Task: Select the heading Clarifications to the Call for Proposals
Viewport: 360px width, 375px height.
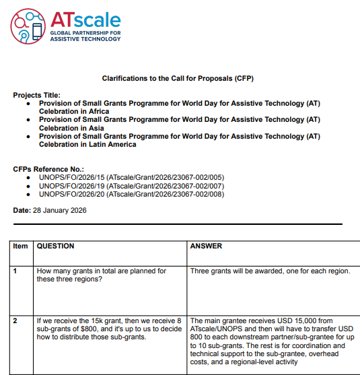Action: pos(178,79)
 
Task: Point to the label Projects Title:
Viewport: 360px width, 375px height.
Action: pos(36,95)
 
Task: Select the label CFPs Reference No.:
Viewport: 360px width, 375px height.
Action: pos(48,168)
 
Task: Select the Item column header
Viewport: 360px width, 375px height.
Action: pos(21,246)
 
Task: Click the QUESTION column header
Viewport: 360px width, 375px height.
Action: pos(55,246)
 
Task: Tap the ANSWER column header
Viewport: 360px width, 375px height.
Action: pos(206,246)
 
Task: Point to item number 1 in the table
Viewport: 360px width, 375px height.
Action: pos(15,271)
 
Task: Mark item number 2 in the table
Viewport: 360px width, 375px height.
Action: pos(15,321)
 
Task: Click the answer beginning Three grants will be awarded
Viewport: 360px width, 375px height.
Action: pos(270,271)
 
